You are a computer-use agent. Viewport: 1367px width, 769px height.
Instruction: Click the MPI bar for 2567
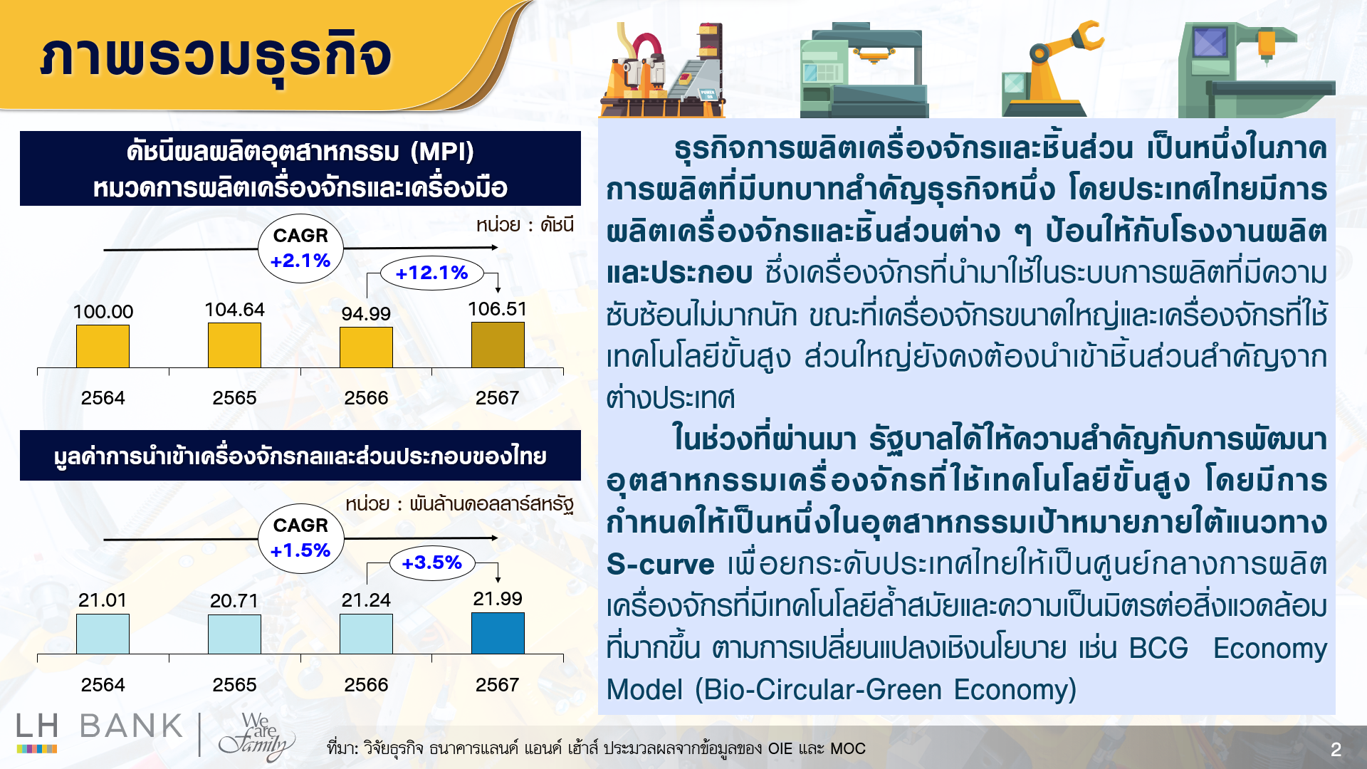(498, 345)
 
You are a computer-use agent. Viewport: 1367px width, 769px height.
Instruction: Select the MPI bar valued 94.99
(366, 347)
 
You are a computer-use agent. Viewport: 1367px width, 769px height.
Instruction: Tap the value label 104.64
(234, 310)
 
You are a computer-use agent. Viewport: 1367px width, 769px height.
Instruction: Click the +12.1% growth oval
(431, 273)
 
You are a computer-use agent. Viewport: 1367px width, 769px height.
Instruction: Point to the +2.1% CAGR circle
(300, 249)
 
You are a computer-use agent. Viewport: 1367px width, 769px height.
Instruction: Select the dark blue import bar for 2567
(498, 633)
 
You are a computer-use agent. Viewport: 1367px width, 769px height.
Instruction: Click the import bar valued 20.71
(234, 634)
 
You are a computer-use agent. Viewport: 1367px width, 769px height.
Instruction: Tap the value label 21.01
(103, 600)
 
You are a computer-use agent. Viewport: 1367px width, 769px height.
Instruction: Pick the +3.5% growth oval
(431, 563)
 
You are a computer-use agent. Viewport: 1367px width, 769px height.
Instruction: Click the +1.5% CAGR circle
(300, 538)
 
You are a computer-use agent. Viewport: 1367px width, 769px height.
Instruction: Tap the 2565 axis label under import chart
(234, 685)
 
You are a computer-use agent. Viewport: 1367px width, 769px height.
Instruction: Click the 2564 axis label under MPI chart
(103, 398)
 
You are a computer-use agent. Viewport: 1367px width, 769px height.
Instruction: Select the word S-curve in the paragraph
(660, 565)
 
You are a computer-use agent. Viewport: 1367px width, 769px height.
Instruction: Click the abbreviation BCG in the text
(1158, 648)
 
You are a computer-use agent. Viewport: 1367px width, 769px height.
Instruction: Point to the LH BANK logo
(100, 731)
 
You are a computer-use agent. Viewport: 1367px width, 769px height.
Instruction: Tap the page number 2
(1336, 749)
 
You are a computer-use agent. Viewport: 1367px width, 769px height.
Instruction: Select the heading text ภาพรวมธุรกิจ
(216, 57)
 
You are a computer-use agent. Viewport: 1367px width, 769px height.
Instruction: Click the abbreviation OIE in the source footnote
(780, 749)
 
